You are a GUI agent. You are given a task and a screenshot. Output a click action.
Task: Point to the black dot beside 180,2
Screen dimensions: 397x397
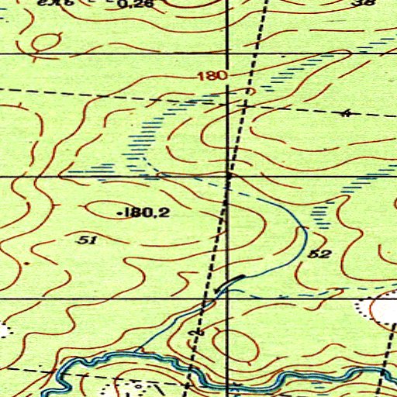click(117, 212)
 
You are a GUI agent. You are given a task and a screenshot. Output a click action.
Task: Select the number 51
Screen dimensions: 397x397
click(88, 240)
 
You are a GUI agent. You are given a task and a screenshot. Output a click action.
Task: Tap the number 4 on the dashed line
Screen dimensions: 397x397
click(346, 113)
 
